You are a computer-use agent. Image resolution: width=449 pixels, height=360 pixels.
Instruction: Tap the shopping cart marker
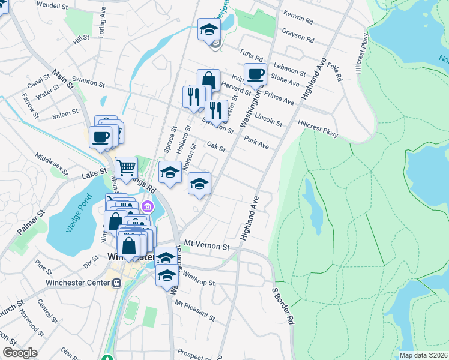coord(126,167)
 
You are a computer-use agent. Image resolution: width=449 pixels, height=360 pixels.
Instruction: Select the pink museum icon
coord(148,208)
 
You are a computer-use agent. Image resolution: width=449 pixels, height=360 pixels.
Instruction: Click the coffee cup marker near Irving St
coord(255,74)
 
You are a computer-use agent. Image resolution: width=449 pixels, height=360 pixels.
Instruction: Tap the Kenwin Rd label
coord(300,21)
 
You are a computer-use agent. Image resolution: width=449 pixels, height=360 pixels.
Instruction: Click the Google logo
coord(20,353)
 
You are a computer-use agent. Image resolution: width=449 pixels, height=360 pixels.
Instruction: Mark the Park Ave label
coord(256,142)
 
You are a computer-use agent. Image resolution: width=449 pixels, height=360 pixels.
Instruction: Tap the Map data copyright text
coord(423,355)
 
